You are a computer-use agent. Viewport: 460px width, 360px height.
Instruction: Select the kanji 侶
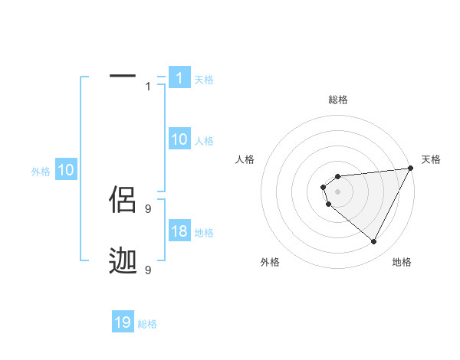tap(123, 201)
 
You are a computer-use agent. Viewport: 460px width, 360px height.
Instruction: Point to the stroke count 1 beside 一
tap(148, 87)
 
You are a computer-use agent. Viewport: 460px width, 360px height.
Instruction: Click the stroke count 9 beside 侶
tap(148, 208)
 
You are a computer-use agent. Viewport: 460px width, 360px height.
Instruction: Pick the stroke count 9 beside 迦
tap(148, 270)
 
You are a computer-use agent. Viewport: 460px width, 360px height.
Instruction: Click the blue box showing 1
tap(179, 78)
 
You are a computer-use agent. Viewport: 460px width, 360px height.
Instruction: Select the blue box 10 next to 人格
tap(179, 139)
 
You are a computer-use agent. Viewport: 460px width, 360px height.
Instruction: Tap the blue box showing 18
tap(179, 231)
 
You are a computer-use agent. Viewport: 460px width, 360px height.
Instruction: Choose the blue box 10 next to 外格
tap(66, 171)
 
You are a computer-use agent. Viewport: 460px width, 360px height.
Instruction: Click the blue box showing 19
tap(123, 322)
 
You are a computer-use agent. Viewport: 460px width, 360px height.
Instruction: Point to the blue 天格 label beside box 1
tap(204, 80)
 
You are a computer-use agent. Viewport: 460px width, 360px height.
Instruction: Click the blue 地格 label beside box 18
tap(204, 233)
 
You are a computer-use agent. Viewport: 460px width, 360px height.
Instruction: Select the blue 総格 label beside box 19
tap(147, 324)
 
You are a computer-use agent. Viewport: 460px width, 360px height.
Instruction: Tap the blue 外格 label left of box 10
tap(41, 172)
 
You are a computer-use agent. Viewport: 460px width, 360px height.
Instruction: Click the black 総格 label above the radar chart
tap(337, 100)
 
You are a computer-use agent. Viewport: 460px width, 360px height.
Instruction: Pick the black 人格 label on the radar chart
tap(245, 159)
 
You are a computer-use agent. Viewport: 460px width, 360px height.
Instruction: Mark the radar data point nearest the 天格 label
tap(410, 169)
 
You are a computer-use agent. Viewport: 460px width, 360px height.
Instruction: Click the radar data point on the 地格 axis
tap(373, 241)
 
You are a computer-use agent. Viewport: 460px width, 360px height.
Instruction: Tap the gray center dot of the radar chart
tap(337, 191)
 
